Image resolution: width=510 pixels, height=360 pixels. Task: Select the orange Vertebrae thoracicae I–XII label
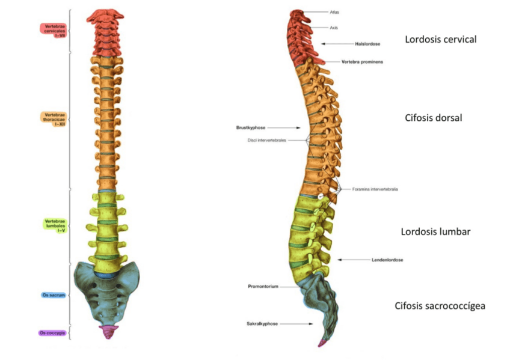coord(54,118)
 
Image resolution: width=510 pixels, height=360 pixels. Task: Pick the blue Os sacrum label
coord(53,296)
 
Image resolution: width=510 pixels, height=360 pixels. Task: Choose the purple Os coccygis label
coord(53,332)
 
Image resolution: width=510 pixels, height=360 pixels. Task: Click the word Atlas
coord(335,12)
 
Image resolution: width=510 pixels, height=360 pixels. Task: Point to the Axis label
coord(334,28)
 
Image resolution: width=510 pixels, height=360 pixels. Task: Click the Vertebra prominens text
coord(363,62)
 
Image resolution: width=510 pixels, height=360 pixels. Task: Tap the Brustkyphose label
coord(251,127)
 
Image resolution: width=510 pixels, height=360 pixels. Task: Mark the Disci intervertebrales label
coord(266,140)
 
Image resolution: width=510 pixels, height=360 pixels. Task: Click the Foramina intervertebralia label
coord(375,189)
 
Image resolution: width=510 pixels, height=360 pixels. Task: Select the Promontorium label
coord(263,287)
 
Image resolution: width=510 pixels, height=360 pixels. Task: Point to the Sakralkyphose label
coord(262,323)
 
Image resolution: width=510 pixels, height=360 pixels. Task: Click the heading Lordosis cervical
coord(440,40)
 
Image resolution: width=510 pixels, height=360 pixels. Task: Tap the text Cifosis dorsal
coord(433,118)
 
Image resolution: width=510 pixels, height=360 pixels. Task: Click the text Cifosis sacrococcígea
coord(440,306)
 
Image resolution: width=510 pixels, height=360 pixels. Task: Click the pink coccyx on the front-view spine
coord(108,331)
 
